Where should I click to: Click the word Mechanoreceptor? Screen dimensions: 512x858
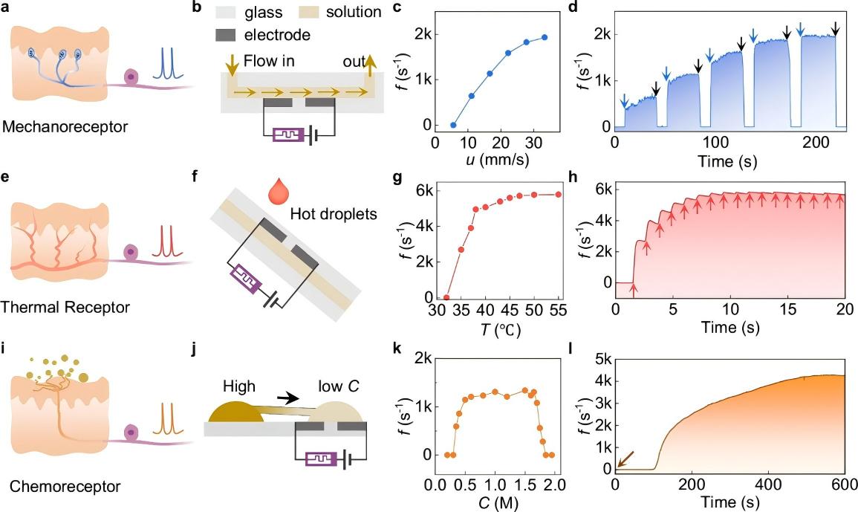64,127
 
